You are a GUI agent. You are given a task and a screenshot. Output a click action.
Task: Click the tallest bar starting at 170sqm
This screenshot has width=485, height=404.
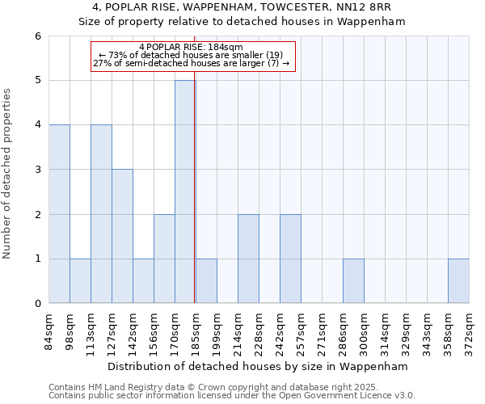coord(185,191)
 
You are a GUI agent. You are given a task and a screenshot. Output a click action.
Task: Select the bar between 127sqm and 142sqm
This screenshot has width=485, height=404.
coord(122,236)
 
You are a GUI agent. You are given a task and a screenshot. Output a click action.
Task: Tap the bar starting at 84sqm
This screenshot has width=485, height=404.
coord(59,214)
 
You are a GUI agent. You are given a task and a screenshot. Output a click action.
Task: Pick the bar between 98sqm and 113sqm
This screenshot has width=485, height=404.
coord(80,281)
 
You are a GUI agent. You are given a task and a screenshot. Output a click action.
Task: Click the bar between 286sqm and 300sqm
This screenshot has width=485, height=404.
coord(353,281)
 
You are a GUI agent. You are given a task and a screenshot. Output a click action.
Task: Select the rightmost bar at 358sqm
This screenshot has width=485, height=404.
coord(458,281)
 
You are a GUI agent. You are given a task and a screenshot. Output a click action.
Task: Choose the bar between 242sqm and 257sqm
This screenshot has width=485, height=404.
coord(290,259)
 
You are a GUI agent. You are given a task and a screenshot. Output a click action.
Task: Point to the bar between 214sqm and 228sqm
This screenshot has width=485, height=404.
coord(248,259)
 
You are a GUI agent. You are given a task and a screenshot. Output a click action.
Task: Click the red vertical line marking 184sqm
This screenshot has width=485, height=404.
coord(195,202)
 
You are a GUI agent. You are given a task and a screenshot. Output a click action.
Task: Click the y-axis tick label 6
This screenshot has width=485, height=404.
coord(38,36)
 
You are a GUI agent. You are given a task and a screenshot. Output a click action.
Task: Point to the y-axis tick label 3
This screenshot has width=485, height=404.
coord(38,170)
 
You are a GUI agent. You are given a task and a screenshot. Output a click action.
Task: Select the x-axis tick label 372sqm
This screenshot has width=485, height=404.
coord(469,331)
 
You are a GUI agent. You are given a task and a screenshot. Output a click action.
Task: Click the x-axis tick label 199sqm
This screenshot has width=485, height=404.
coord(217,331)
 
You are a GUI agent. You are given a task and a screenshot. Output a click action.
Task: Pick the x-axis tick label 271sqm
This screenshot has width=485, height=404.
coord(322,331)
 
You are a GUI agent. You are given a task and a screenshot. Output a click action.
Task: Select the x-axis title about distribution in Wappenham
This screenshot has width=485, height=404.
coord(259,366)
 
